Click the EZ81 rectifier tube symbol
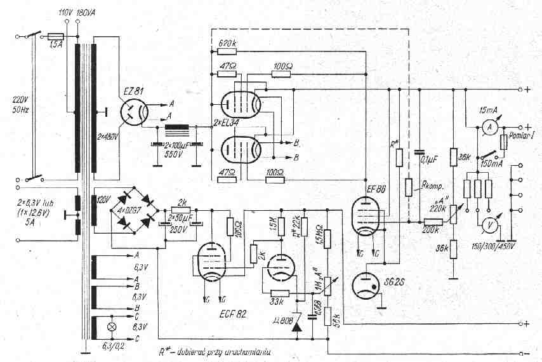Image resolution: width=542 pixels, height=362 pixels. click(135, 114)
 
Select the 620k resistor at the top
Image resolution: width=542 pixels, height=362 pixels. click(227, 51)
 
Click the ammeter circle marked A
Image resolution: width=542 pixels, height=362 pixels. click(489, 128)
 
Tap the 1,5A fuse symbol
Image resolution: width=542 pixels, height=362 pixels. click(56, 37)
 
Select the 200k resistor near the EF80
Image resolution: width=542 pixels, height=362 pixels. click(433, 222)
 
